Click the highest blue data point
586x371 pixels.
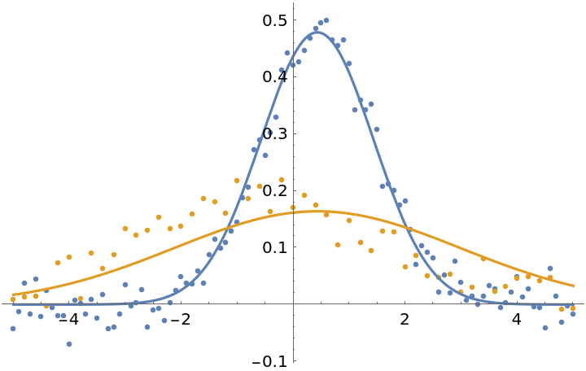[326, 20]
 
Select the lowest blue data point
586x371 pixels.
[69, 344]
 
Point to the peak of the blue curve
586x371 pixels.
[318, 32]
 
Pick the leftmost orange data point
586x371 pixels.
[13, 299]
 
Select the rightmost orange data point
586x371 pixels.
[573, 308]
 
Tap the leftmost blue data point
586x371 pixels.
[13, 329]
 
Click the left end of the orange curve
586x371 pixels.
[11, 295]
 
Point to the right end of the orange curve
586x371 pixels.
[575, 286]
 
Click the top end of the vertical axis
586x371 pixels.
[294, 3]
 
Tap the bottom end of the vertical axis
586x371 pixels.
[294, 361]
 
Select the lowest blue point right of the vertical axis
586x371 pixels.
[545, 328]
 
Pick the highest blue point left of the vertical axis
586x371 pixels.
[287, 53]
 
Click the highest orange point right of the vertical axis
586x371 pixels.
[304, 195]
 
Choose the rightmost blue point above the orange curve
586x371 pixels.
[550, 268]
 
